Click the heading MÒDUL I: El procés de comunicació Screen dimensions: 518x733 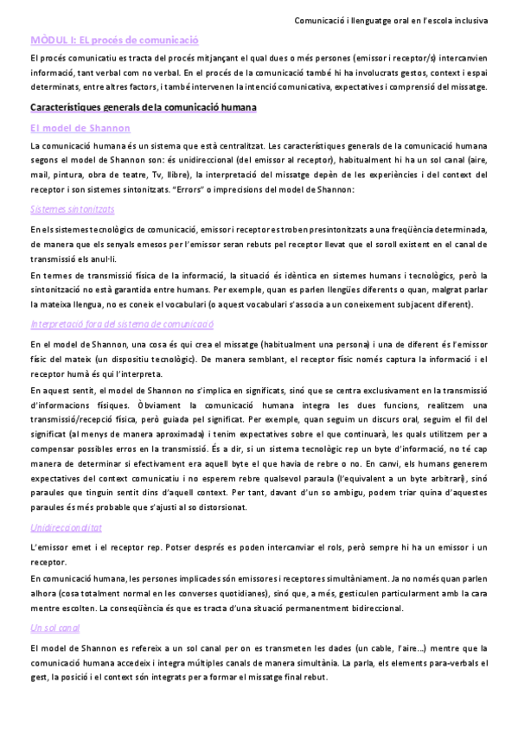point(114,40)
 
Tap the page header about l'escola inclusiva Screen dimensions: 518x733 point(391,18)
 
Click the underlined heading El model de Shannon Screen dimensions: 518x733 point(80,127)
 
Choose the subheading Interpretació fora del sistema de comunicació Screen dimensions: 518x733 point(121,323)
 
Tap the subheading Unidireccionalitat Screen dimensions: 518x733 point(67,528)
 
